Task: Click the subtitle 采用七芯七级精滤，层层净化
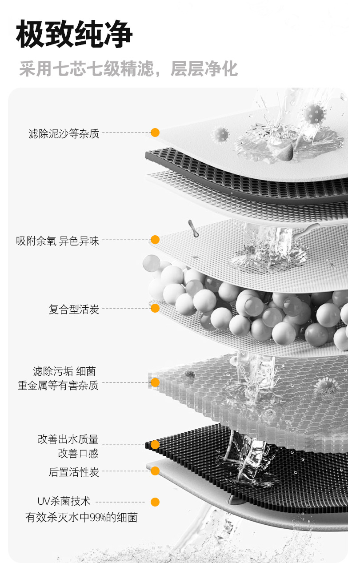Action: pyautogui.click(x=128, y=69)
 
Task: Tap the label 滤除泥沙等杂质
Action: pyautogui.click(x=64, y=133)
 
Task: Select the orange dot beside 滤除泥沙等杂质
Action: pyautogui.click(x=155, y=133)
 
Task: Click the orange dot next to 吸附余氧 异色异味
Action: pyautogui.click(x=155, y=240)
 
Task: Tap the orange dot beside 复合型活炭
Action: pyautogui.click(x=155, y=308)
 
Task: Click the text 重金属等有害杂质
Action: pyautogui.click(x=58, y=385)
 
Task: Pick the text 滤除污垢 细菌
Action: pyautogui.click(x=64, y=371)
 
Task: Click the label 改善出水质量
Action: pyautogui.click(x=68, y=439)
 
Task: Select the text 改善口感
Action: pyautogui.click(x=78, y=454)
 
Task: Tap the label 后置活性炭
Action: pyautogui.click(x=74, y=472)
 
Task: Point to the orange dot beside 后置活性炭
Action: pyautogui.click(x=155, y=471)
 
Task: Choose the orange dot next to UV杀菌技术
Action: pyautogui.click(x=155, y=502)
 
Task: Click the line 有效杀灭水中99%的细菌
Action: pyautogui.click(x=81, y=517)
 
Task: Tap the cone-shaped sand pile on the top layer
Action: pyautogui.click(x=284, y=153)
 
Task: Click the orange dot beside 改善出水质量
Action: pyautogui.click(x=155, y=445)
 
